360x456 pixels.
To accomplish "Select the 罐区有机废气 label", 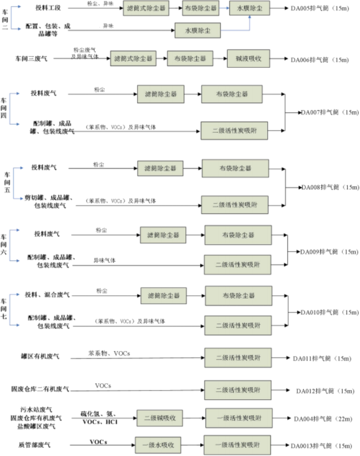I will [40, 357].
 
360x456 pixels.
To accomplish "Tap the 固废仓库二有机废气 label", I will [40, 389].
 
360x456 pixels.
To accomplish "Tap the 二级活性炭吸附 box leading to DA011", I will [238, 357].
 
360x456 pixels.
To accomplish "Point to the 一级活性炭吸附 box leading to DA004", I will [238, 418].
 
